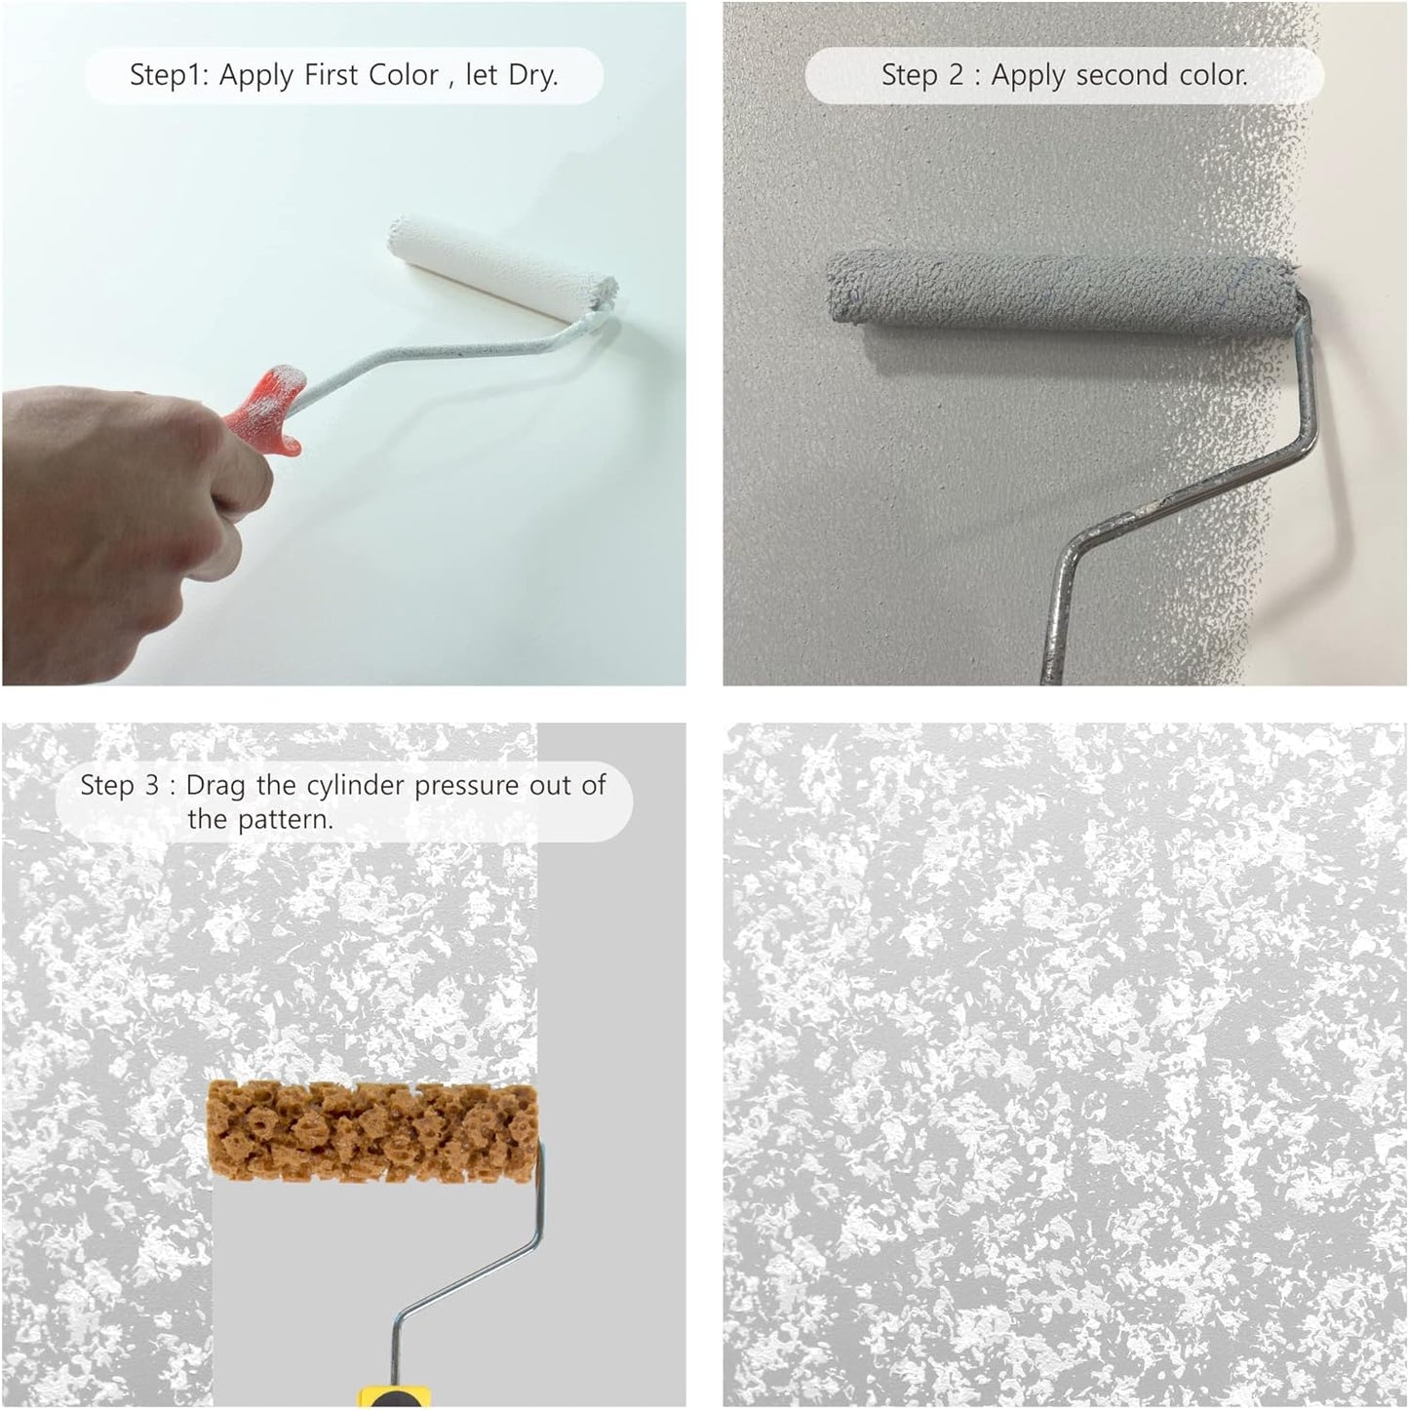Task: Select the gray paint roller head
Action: (x=1063, y=290)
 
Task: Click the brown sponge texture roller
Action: (x=372, y=1128)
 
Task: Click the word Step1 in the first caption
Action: (x=168, y=76)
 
